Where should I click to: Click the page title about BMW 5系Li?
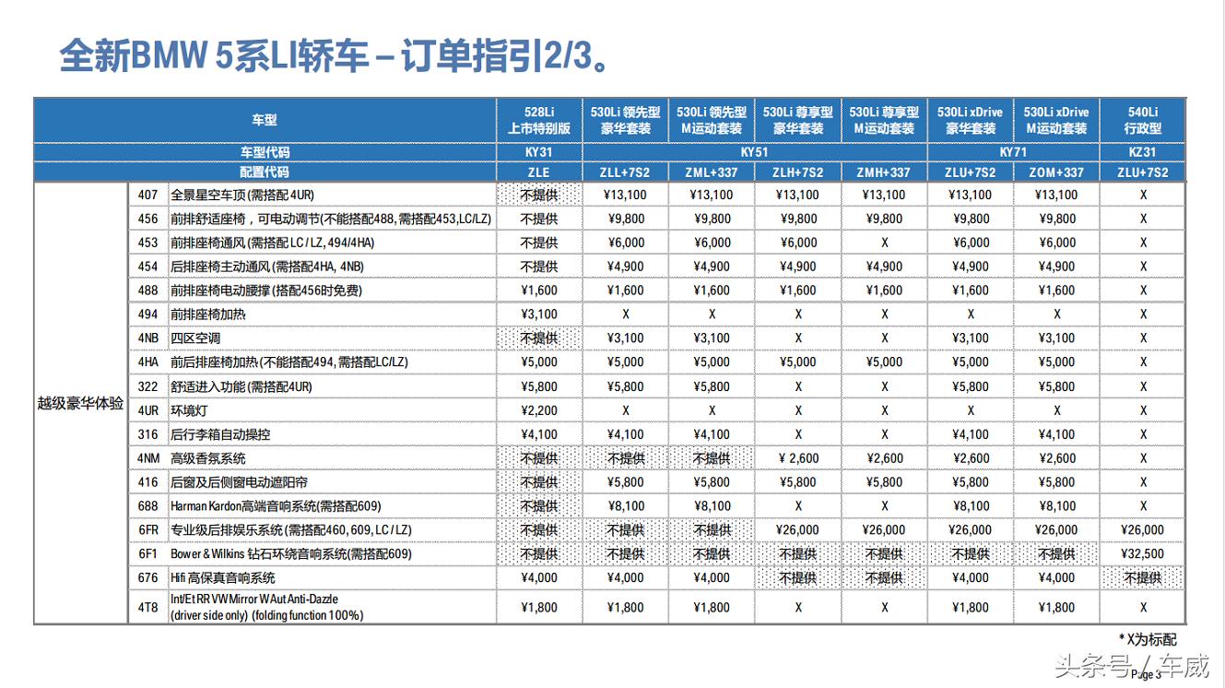[x=333, y=55]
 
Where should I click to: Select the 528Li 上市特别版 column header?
[x=539, y=120]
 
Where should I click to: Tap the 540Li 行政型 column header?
[x=1142, y=120]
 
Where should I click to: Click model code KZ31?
[x=1142, y=151]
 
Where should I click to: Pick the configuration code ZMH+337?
[x=884, y=172]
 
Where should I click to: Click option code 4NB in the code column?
[x=148, y=338]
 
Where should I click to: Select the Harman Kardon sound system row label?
[x=275, y=506]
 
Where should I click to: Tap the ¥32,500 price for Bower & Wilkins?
[x=1142, y=554]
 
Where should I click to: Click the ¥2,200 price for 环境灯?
[x=539, y=410]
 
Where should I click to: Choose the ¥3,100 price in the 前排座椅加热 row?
[x=539, y=314]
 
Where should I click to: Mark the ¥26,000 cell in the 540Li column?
[x=1142, y=530]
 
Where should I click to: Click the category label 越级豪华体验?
[x=80, y=403]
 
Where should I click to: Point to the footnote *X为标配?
[x=1147, y=639]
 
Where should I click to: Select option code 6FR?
[x=148, y=530]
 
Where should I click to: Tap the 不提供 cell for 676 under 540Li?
[x=1142, y=578]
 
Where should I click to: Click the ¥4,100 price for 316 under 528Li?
[x=539, y=434]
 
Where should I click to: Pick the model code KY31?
[x=539, y=151]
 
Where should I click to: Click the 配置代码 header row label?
[x=265, y=172]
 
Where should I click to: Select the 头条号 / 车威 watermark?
[x=1131, y=664]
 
